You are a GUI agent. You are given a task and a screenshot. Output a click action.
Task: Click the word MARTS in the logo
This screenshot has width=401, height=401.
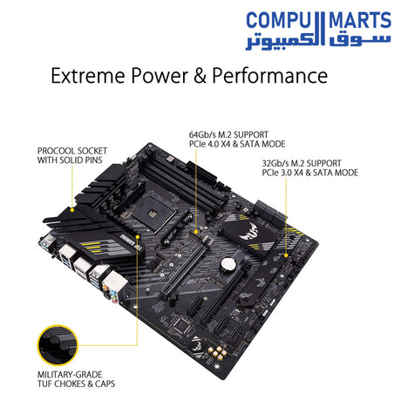360,20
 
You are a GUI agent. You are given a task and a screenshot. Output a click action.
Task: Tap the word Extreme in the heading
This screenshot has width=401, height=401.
89,76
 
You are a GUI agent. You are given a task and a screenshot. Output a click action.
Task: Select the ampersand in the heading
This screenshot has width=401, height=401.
200,76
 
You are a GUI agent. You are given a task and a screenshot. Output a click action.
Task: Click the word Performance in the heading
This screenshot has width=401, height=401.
270,76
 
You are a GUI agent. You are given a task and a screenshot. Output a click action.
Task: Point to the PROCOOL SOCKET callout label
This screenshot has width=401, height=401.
72,151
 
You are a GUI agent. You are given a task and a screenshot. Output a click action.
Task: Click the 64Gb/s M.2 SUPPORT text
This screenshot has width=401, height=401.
228,135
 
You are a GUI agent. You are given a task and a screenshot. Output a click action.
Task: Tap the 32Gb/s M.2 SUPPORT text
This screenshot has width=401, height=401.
302,163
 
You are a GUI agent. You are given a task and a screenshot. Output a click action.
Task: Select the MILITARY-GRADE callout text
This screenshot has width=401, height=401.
70,375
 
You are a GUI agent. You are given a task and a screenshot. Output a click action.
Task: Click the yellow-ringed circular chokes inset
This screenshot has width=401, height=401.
58,345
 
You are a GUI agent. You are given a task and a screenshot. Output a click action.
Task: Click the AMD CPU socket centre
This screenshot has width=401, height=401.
151,214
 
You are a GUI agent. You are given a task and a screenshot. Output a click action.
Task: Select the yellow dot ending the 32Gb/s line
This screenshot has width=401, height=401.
286,255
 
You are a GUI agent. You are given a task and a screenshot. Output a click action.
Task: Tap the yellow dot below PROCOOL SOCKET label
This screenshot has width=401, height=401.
72,209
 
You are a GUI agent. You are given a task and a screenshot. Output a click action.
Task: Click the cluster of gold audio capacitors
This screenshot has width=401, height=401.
218,352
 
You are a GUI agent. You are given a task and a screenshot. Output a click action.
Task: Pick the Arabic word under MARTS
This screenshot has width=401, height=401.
360,40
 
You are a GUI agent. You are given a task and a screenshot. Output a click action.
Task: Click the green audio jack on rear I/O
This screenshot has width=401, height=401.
115,297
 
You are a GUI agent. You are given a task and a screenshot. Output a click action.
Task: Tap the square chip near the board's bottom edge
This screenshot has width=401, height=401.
181,323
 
